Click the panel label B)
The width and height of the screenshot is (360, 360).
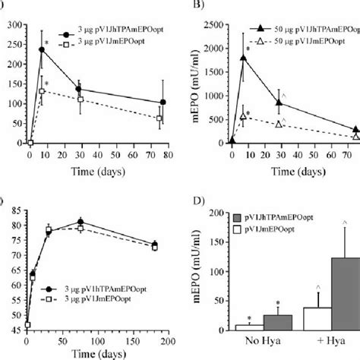tap(191, 7)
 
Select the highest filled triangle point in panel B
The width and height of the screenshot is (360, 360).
tap(243, 57)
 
